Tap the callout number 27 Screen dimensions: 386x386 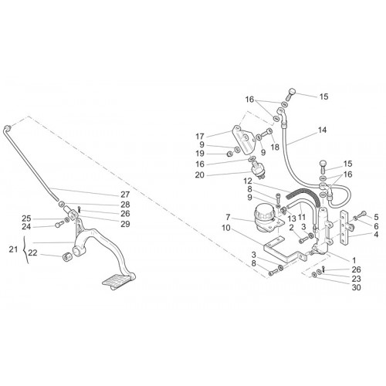point(125,195)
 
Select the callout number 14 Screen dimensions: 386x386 point(322,130)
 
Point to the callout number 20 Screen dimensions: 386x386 point(199,175)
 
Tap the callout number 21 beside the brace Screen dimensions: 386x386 point(13,249)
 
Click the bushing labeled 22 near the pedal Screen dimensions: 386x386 point(67,256)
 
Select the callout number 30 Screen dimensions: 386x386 point(357,287)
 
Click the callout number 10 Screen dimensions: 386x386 point(226,228)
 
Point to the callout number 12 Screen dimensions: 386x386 point(249,181)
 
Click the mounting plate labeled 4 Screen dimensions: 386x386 point(344,228)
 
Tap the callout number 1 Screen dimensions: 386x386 point(354,260)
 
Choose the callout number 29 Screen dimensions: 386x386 point(125,224)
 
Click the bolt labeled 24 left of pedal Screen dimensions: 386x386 point(59,224)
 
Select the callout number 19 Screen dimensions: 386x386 point(200,154)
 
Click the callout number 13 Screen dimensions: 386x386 point(292,218)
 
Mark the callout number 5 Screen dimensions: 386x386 point(376,217)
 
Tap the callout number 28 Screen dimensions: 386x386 point(125,205)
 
